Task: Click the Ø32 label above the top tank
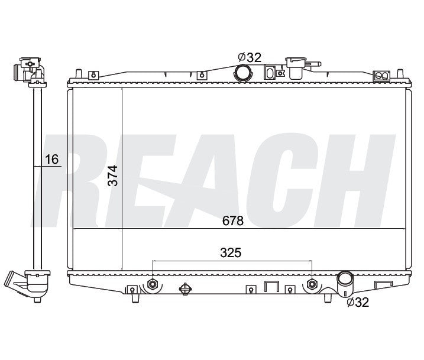(x=250, y=57)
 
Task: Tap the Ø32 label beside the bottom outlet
(x=358, y=302)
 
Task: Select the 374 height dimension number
(x=113, y=176)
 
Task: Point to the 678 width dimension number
(x=233, y=221)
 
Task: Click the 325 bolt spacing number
(x=231, y=252)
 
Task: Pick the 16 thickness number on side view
(x=51, y=159)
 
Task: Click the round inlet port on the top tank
(x=243, y=73)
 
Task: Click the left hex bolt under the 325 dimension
(x=153, y=284)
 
